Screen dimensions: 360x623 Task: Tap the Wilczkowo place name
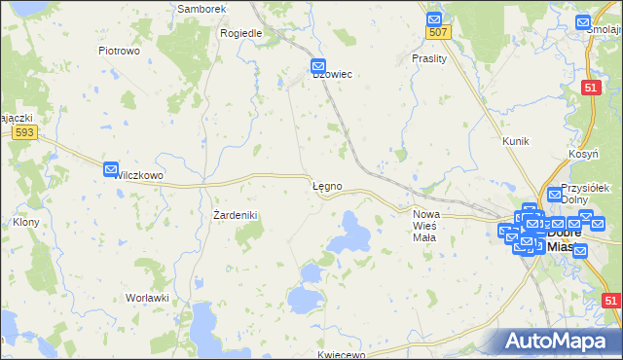137,176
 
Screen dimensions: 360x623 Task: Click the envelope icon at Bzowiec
318,67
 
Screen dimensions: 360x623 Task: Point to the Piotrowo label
120,50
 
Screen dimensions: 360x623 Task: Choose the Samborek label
202,8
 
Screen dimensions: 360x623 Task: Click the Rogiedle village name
241,32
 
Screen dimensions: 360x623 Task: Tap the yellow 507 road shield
437,33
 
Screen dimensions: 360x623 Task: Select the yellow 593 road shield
25,132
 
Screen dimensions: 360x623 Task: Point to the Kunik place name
515,141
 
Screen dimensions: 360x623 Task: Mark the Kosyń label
583,157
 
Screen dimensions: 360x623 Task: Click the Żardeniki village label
235,215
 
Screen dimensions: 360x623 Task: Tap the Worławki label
147,297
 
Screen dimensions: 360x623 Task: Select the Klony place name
25,222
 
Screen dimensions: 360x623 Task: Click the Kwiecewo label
341,354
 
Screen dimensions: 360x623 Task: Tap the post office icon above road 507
434,18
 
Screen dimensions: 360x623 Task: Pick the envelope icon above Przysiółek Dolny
555,194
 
